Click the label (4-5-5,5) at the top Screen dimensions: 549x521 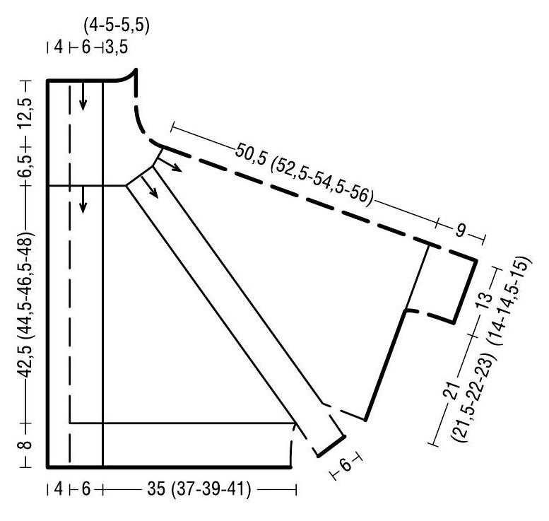pos(117,26)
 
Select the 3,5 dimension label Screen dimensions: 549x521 pos(117,47)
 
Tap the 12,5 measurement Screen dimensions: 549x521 pos(28,114)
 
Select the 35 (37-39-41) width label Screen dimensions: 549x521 pos(199,488)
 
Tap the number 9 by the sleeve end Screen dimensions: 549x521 pos(461,231)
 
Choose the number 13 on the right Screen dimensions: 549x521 pos(484,300)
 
